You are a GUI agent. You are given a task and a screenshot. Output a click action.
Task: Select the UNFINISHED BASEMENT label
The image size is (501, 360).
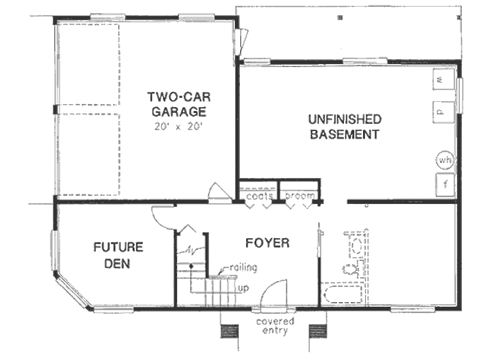[x=344, y=126]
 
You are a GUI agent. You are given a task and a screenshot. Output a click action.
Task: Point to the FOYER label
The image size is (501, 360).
[x=267, y=243]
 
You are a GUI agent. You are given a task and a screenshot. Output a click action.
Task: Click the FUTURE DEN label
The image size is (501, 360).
[x=118, y=255]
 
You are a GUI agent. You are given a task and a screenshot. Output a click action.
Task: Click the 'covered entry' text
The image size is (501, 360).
[x=275, y=326]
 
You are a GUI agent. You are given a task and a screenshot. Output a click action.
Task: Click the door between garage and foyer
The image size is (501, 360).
[x=219, y=194]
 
